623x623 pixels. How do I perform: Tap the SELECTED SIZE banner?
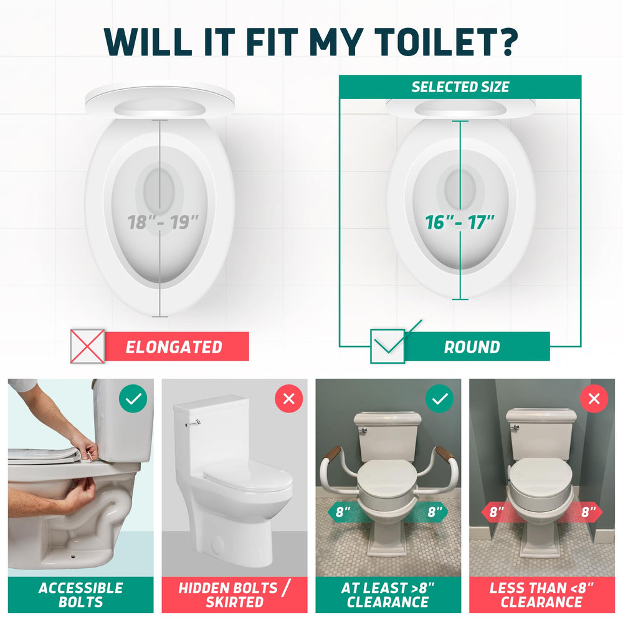460,87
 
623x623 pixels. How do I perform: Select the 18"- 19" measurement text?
163,222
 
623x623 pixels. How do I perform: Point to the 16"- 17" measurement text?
460,222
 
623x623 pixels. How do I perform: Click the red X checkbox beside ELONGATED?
87,346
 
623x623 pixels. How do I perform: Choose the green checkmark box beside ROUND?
388,346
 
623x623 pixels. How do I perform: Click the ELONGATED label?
174,347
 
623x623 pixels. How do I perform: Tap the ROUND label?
472,347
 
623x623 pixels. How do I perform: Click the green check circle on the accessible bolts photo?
133,399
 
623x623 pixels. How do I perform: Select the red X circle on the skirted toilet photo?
289,399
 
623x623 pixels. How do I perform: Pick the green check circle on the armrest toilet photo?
439,399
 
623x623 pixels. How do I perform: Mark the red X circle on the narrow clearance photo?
594,399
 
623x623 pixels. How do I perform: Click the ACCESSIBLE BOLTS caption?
80,595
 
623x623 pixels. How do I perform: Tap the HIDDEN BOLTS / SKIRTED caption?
234,595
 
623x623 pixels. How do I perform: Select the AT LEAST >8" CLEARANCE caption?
388,595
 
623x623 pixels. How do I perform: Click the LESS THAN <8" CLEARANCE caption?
541,595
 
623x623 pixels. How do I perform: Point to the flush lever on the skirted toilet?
193,424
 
